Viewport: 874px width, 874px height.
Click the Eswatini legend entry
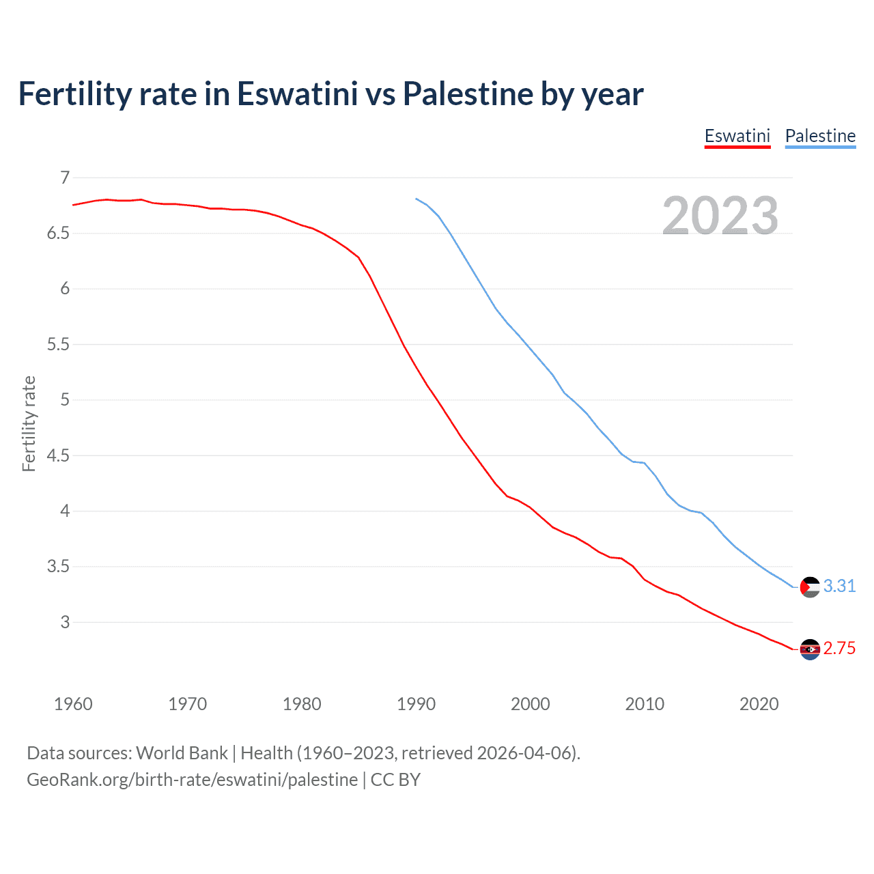point(737,136)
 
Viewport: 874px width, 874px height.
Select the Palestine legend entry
point(820,136)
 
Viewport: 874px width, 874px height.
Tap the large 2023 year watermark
point(720,216)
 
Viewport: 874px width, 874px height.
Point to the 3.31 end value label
point(839,587)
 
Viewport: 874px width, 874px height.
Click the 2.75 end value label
point(839,649)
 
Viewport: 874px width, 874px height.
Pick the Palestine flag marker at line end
point(810,587)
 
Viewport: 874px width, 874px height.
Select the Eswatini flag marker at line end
point(810,649)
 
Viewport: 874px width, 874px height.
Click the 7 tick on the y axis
point(65,178)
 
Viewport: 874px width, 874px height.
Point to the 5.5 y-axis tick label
point(58,345)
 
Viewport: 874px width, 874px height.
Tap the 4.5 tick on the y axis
point(58,455)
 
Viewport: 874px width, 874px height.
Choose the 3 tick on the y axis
point(65,622)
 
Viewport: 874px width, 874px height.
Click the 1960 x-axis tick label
point(73,704)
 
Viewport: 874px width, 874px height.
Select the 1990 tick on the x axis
point(416,704)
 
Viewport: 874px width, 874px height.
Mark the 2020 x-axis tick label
point(759,704)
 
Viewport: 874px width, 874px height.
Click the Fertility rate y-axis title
point(29,423)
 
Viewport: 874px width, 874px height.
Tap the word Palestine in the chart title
point(467,94)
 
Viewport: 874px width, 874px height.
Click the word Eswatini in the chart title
point(297,94)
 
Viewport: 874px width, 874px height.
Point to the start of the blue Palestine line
point(416,199)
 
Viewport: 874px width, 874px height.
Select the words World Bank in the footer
point(182,753)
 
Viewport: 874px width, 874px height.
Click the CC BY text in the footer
point(395,780)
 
